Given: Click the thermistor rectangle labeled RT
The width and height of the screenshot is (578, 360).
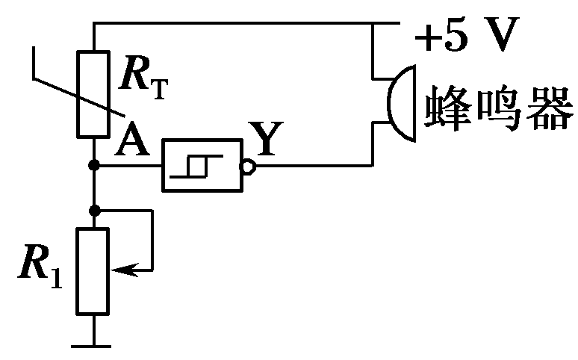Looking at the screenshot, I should pyautogui.click(x=94, y=93).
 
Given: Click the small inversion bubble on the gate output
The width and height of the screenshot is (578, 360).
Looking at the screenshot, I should pyautogui.click(x=252, y=165).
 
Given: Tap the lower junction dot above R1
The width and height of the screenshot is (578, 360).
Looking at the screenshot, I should pyautogui.click(x=94, y=211).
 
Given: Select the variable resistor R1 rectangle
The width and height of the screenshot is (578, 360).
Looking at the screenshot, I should pyautogui.click(x=94, y=270).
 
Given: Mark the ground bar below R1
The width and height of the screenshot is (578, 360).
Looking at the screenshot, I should pyautogui.click(x=93, y=346).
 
